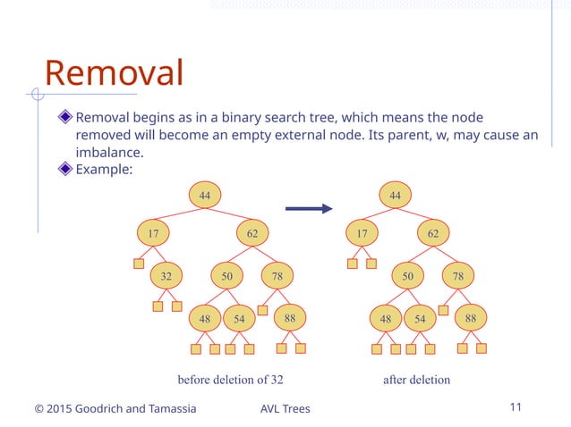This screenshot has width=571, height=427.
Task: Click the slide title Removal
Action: click(x=114, y=73)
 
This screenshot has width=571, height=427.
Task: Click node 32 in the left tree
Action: click(x=166, y=276)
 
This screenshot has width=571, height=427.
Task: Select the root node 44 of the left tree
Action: click(x=205, y=194)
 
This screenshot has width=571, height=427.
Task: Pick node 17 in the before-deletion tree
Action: click(x=153, y=234)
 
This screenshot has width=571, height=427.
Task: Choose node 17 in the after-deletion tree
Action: click(x=362, y=234)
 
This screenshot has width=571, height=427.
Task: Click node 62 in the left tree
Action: click(x=252, y=234)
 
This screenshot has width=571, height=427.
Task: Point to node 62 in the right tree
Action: click(x=433, y=234)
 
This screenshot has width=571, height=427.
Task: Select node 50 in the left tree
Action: click(x=227, y=276)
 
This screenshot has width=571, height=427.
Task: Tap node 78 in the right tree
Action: click(x=458, y=276)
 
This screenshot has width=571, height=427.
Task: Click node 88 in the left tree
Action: click(x=290, y=317)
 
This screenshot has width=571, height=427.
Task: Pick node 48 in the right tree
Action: click(x=386, y=319)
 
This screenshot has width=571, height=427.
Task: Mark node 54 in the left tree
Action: click(x=239, y=319)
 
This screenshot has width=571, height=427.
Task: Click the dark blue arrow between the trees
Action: click(x=308, y=210)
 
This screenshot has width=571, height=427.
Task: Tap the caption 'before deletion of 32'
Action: click(x=230, y=380)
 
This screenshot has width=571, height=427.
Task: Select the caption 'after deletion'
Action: click(x=416, y=380)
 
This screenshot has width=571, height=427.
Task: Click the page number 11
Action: click(x=515, y=407)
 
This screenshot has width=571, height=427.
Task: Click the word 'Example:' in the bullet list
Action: click(x=104, y=169)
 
